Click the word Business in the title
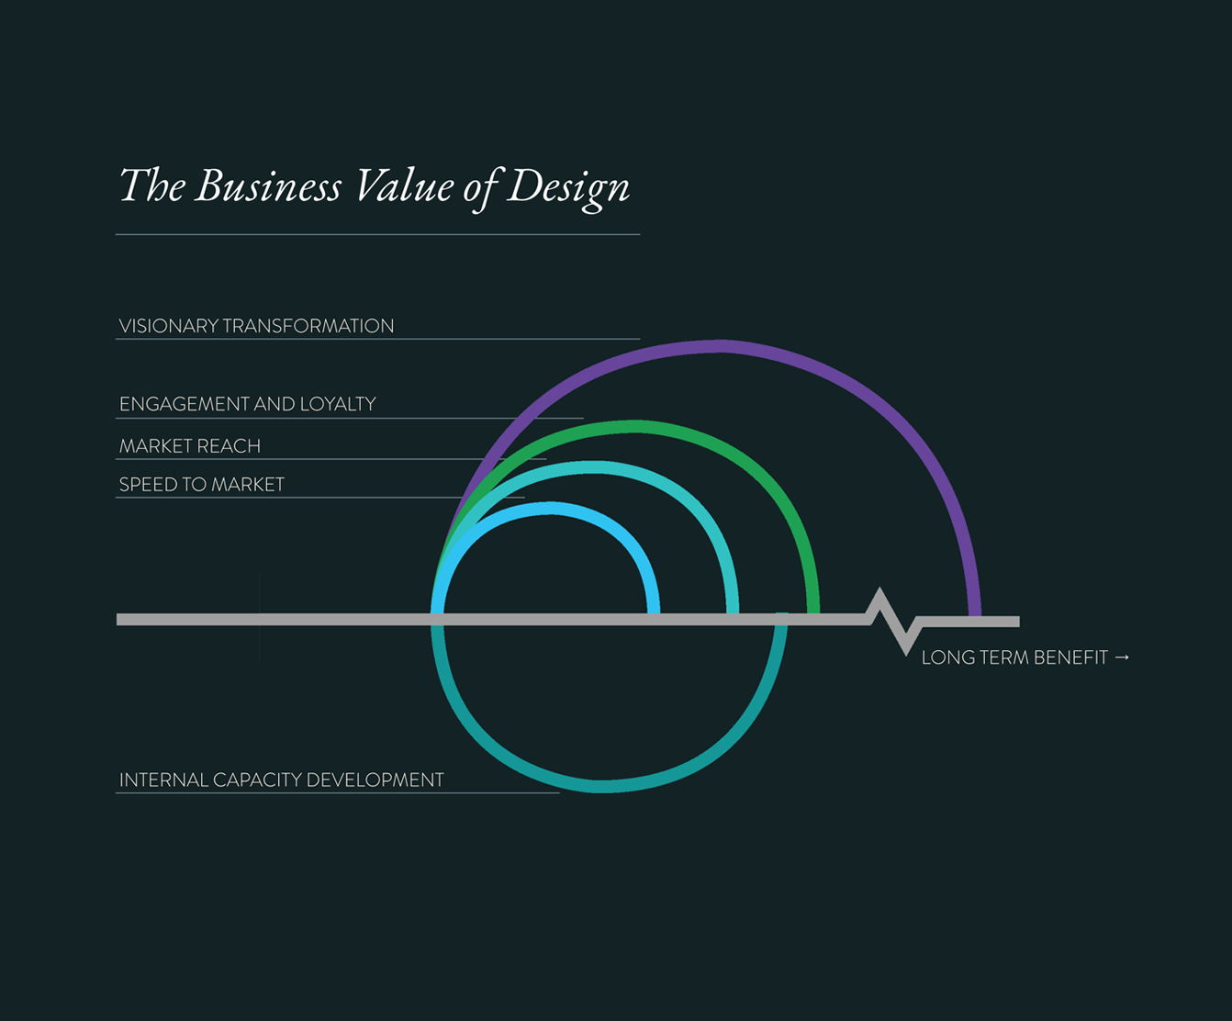pyautogui.click(x=268, y=187)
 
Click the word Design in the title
pyautogui.click(x=568, y=187)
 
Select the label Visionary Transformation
pyautogui.click(x=256, y=326)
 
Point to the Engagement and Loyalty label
pyautogui.click(x=248, y=404)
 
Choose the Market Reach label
pyautogui.click(x=190, y=446)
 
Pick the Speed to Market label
pyautogui.click(x=202, y=485)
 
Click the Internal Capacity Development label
pyautogui.click(x=282, y=780)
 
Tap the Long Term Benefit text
pyautogui.click(x=1014, y=657)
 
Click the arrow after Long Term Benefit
pyautogui.click(x=1122, y=657)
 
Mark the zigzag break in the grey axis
pyautogui.click(x=893, y=620)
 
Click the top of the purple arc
pyautogui.click(x=721, y=346)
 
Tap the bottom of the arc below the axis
pyautogui.click(x=601, y=786)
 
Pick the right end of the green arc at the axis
pyautogui.click(x=813, y=611)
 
